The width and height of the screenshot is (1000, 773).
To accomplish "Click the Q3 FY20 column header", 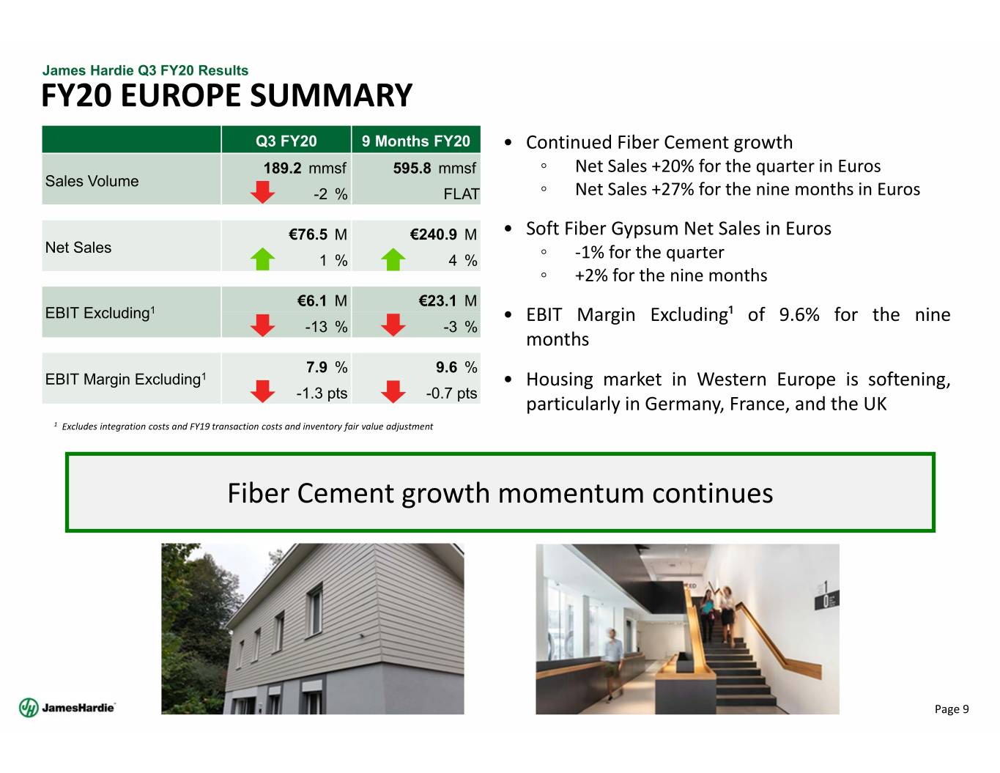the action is [286, 141].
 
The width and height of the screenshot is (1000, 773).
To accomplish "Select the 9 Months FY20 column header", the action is [415, 141].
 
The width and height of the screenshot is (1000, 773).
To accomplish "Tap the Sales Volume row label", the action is [92, 181].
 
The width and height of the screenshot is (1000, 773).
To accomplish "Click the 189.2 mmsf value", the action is [305, 168].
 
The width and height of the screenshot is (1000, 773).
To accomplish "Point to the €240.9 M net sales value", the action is [443, 234].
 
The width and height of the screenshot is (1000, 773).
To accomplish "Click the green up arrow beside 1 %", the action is [262, 259].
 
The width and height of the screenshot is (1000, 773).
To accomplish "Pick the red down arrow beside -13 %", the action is [262, 325].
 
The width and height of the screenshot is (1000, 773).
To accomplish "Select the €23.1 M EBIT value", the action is [448, 300].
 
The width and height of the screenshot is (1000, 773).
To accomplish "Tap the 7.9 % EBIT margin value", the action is [327, 367].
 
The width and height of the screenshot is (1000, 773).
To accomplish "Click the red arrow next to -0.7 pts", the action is [393, 391].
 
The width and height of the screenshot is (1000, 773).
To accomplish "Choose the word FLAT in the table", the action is [461, 194].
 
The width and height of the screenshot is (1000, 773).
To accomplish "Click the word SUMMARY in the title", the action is [331, 95].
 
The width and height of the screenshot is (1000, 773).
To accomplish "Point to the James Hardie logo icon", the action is [29, 708].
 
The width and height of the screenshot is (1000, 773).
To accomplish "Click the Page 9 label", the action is [952, 709].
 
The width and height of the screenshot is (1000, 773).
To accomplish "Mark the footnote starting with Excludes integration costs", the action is [247, 426].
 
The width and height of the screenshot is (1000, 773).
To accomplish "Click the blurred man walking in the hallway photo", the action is [612, 665].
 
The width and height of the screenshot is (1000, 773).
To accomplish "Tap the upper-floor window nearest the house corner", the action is [315, 610].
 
